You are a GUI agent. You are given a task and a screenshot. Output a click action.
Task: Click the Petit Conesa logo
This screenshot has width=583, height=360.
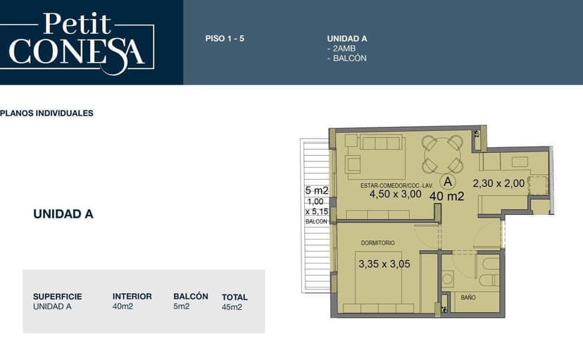(x=77, y=43)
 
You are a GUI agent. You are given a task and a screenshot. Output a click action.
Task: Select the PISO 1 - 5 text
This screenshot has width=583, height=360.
(x=225, y=38)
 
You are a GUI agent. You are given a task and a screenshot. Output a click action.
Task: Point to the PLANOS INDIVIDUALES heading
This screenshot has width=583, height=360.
(x=46, y=113)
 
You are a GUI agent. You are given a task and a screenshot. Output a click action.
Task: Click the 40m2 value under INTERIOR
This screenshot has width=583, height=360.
(x=123, y=306)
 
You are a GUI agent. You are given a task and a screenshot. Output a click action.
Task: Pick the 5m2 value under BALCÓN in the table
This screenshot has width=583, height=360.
(x=182, y=306)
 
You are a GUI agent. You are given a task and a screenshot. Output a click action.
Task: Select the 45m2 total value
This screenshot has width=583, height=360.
(x=232, y=307)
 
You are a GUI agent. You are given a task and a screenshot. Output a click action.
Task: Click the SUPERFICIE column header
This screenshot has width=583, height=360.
(x=58, y=297)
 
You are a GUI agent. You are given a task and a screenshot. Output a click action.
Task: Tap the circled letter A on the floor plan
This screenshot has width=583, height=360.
(x=448, y=182)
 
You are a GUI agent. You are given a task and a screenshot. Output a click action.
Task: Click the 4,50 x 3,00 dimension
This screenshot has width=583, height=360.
(x=395, y=194)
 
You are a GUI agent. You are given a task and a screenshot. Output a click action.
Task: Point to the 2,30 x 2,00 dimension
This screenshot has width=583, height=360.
(x=499, y=183)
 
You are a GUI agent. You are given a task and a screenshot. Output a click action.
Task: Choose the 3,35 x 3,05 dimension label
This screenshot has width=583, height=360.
(x=384, y=264)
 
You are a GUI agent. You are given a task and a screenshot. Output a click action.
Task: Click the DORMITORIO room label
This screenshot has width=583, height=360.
(x=378, y=243)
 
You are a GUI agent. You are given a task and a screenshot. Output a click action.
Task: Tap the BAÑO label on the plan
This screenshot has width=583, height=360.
(x=468, y=297)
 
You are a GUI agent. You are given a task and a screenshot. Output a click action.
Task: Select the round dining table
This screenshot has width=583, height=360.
(x=442, y=154)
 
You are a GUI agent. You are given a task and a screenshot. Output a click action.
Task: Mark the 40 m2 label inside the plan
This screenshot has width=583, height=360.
(x=447, y=196)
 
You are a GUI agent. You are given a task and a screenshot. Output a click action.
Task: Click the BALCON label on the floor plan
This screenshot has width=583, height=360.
(x=316, y=221)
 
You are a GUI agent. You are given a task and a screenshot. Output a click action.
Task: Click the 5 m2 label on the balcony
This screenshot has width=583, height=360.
(x=317, y=190)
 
